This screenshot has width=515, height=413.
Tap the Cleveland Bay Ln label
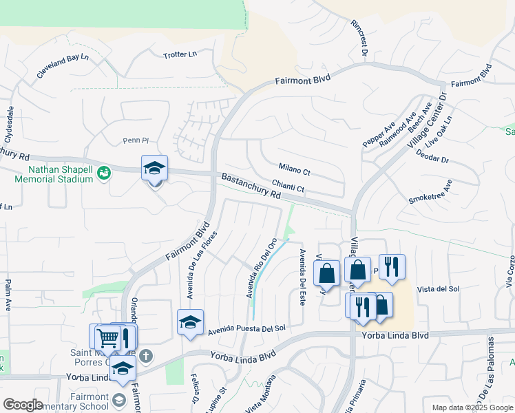tap(63, 68)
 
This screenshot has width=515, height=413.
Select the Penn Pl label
tap(136, 140)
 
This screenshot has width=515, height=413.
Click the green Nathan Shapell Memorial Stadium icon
tap(103, 172)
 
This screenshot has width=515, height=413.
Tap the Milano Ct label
tap(295, 168)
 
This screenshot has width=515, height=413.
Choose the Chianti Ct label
tap(288, 186)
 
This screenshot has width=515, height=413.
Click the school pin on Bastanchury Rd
tap(155, 168)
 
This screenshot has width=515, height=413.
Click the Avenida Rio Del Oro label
tap(262, 268)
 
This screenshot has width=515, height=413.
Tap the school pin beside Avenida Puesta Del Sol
tap(191, 322)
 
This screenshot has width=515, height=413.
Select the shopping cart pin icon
tap(107, 337)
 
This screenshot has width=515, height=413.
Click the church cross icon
tap(145, 356)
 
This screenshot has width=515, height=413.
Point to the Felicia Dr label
tap(196, 391)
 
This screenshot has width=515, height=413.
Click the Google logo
tap(23, 405)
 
